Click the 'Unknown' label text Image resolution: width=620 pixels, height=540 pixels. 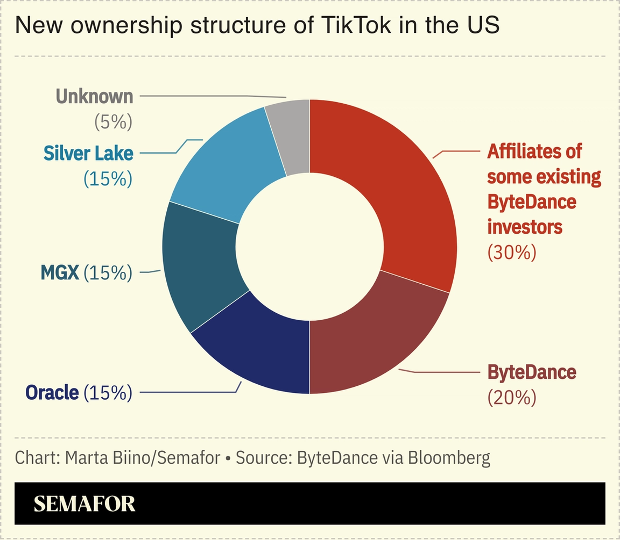94,97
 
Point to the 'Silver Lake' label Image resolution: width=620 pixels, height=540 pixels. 88,153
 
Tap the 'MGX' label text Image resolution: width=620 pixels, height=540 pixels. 60,273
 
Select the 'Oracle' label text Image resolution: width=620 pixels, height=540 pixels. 52,392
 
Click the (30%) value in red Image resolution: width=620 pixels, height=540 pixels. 512,252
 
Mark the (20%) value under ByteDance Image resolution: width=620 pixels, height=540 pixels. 512,398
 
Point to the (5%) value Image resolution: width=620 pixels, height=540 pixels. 113,123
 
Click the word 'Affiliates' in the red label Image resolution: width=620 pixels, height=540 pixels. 520,152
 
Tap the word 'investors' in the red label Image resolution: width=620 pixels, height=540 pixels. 525,227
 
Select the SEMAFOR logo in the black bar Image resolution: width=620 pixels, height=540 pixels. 84,503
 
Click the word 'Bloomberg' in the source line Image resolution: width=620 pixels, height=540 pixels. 449,458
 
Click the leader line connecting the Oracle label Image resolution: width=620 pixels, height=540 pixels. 188,392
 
